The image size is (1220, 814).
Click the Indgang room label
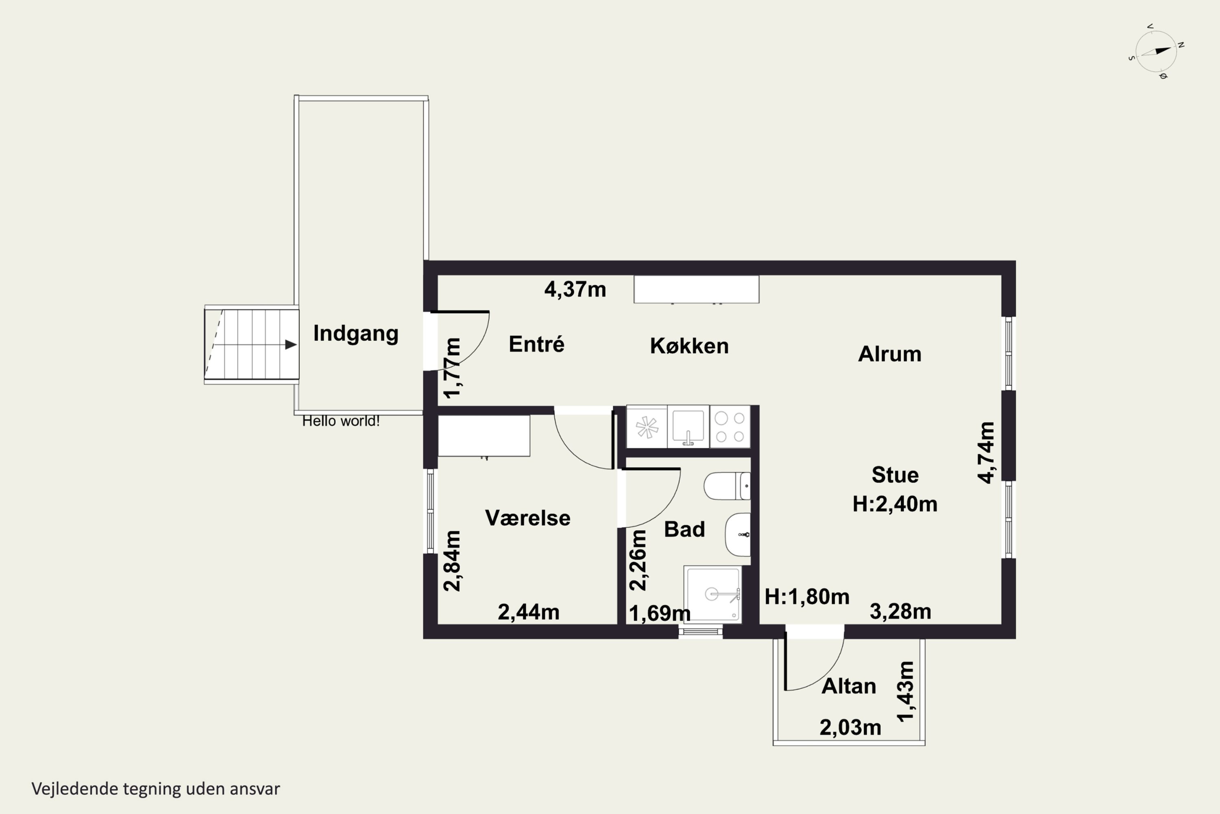pyautogui.click(x=356, y=334)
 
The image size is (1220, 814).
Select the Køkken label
pyautogui.click(x=689, y=346)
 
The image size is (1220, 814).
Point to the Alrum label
pyautogui.click(x=890, y=354)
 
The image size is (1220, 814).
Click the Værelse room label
pyautogui.click(x=527, y=518)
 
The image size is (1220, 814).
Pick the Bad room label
pyautogui.click(x=684, y=529)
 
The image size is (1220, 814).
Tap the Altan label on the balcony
pyautogui.click(x=849, y=686)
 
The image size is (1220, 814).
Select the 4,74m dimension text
pyautogui.click(x=986, y=452)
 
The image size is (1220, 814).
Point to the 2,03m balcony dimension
pyautogui.click(x=850, y=727)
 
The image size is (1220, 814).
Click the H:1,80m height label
pyautogui.click(x=806, y=597)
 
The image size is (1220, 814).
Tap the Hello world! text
pyautogui.click(x=341, y=421)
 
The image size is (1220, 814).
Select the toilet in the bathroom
pyautogui.click(x=727, y=486)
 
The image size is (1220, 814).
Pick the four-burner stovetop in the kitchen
pyautogui.click(x=730, y=426)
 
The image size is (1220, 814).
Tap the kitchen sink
pyautogui.click(x=688, y=426)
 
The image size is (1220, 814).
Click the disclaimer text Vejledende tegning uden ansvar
pyautogui.click(x=156, y=789)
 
